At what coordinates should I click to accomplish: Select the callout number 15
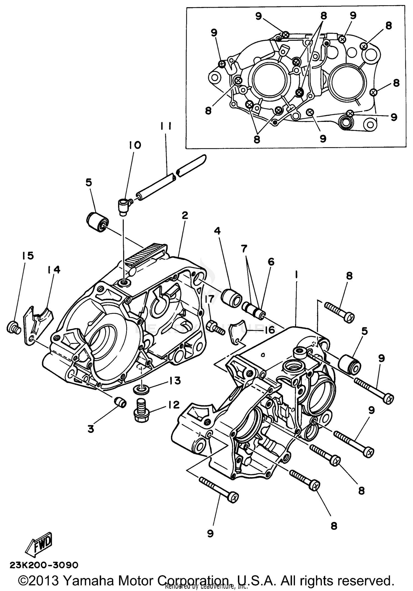(x=28, y=256)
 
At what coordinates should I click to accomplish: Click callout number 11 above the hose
(x=166, y=126)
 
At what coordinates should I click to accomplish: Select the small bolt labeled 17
(x=214, y=327)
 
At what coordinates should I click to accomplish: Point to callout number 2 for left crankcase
(x=185, y=215)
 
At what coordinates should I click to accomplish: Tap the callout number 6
(x=271, y=262)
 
